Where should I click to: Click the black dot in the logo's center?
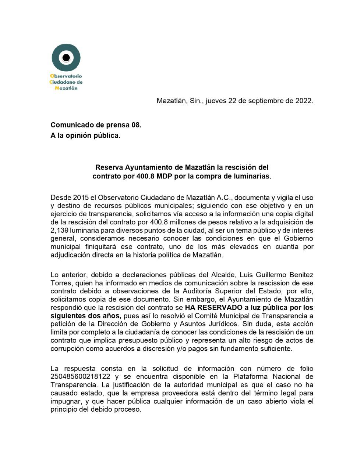point(66,58)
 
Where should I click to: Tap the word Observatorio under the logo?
point(66,76)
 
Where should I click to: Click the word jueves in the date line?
point(216,101)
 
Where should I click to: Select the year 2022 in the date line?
point(303,101)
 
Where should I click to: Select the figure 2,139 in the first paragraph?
point(60,230)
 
